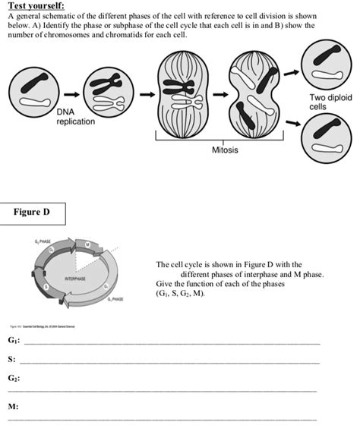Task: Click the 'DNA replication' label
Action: pos(76,116)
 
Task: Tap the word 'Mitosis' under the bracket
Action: pos(225,150)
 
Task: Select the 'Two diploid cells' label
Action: pos(330,102)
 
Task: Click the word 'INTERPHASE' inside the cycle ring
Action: pos(75,279)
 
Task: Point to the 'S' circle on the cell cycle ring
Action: pos(46,287)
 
